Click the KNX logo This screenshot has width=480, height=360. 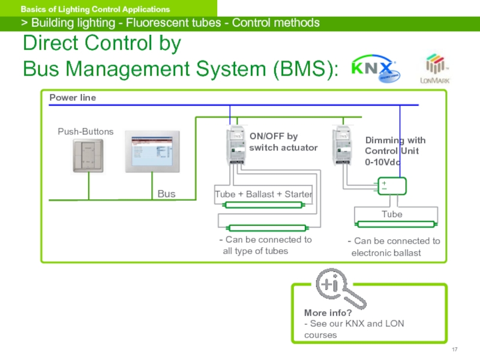372,67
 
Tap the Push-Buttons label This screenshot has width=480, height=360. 85,131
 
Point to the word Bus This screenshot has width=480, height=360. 166,194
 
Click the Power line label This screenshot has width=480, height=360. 73,98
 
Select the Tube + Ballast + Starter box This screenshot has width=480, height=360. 263,194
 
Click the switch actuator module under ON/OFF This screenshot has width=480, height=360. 231,146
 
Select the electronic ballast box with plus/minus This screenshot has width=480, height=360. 390,186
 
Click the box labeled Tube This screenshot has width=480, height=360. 392,214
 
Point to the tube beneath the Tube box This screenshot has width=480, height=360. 395,224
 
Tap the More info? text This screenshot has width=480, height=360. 328,313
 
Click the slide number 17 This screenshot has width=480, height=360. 454,350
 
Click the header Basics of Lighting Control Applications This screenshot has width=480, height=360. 95,10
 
